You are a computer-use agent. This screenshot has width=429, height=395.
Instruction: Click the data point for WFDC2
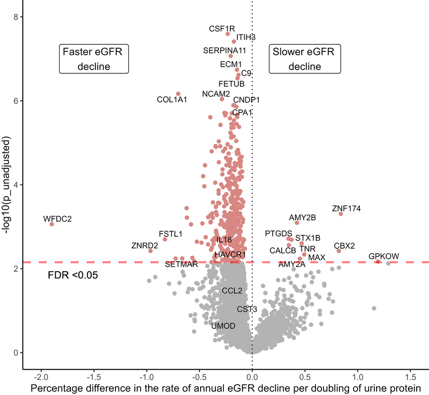click(x=51, y=224)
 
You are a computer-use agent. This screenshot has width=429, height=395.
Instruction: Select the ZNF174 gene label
click(x=347, y=208)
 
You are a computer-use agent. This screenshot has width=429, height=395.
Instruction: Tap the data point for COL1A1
click(x=178, y=94)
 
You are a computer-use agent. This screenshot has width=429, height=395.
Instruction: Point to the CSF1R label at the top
click(x=222, y=29)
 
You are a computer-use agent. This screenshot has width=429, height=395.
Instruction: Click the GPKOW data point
click(x=378, y=262)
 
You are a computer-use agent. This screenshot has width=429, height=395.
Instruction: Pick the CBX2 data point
click(x=339, y=251)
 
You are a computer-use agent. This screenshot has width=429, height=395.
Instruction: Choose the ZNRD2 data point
click(x=150, y=251)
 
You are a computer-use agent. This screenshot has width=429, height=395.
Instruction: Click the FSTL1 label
click(x=171, y=234)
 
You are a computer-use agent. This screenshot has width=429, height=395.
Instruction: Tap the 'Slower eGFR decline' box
click(x=305, y=59)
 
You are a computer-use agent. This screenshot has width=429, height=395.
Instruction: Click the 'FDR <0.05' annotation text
click(x=73, y=275)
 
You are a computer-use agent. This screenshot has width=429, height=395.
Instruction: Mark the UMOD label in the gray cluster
click(x=223, y=326)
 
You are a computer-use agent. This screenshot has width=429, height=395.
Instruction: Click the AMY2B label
click(x=302, y=218)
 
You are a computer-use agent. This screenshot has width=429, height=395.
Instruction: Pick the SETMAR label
click(x=181, y=264)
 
